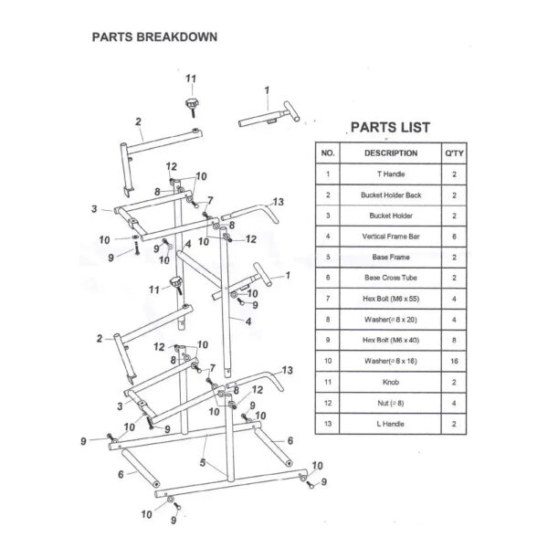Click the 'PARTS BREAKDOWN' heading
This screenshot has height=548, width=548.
tap(153, 38)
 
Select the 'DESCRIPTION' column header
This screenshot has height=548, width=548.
tap(390, 153)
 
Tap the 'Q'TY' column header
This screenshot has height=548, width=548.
tap(454, 153)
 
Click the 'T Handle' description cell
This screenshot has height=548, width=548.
tap(390, 174)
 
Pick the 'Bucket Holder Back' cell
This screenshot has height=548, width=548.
tap(390, 195)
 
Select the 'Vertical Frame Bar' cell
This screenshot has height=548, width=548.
tap(390, 237)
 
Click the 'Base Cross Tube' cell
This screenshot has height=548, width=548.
tap(390, 278)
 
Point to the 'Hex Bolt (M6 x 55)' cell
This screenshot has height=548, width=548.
tap(390, 299)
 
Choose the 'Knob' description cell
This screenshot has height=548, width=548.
tap(390, 383)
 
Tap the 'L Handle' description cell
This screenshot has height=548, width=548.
tap(390, 425)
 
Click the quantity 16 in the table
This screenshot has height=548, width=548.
tap(454, 362)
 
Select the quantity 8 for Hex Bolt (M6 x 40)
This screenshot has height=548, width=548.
tap(454, 341)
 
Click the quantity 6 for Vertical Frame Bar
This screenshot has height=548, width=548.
tap(454, 237)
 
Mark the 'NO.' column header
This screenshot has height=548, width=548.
tap(328, 153)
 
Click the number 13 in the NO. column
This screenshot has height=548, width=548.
tap(328, 425)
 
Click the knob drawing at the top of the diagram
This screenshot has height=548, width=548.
tap(193, 105)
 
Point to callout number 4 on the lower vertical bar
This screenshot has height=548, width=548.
tap(248, 321)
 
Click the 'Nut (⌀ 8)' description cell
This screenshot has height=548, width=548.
tap(390, 404)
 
